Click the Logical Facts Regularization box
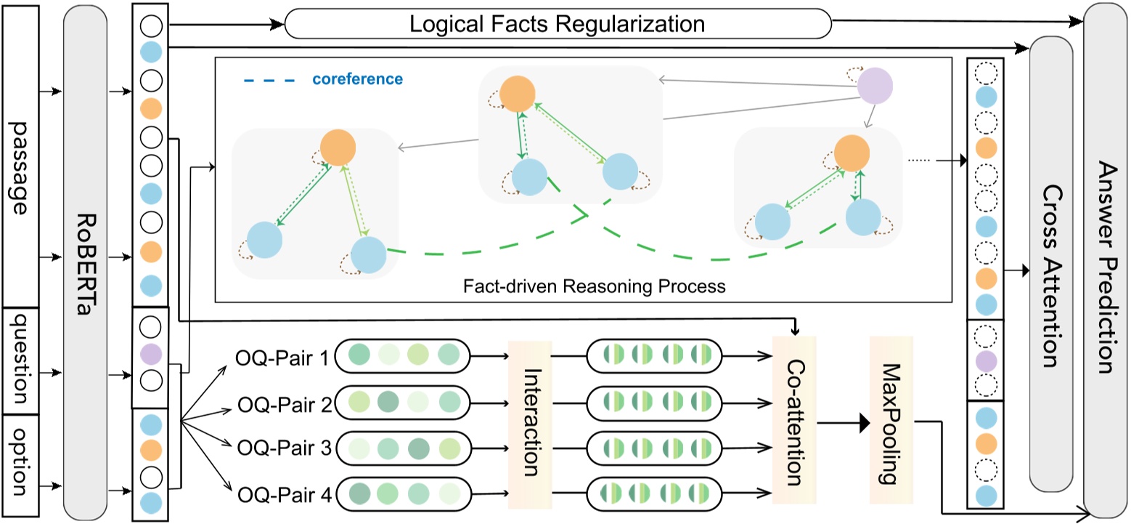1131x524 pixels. pos(557,24)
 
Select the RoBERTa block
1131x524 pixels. pos(86,262)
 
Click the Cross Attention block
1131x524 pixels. pos(1050,262)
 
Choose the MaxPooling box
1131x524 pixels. pos(891,421)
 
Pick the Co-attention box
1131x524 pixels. pos(795,421)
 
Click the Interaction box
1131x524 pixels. pos(531,421)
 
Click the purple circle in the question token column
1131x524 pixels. pos(149,353)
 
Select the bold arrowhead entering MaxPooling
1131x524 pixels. pos(863,423)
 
